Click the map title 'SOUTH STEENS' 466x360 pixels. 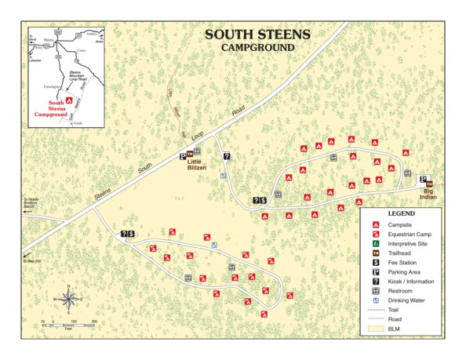pos(257,35)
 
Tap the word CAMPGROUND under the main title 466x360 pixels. pos(257,48)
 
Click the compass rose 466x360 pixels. pos(69,299)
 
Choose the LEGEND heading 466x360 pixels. pos(401,214)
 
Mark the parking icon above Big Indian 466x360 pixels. pos(424,180)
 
